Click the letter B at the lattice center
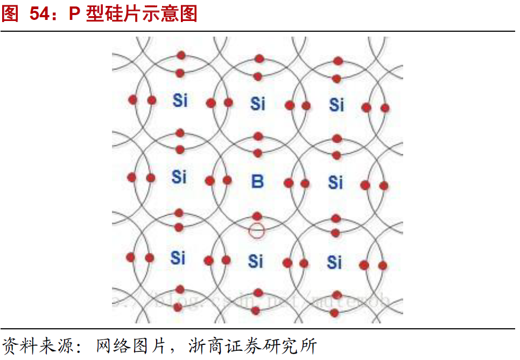click(258, 181)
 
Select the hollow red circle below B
click(257, 231)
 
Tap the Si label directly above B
click(258, 103)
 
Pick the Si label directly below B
click(256, 262)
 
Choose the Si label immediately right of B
click(335, 182)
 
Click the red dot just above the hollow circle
click(257, 216)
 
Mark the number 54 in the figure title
click(40, 15)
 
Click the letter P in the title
click(75, 15)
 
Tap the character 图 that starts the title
click(10, 15)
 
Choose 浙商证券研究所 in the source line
click(252, 345)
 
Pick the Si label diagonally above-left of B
click(180, 100)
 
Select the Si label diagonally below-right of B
click(334, 262)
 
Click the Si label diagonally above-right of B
click(336, 104)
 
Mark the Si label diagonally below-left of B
click(178, 258)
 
